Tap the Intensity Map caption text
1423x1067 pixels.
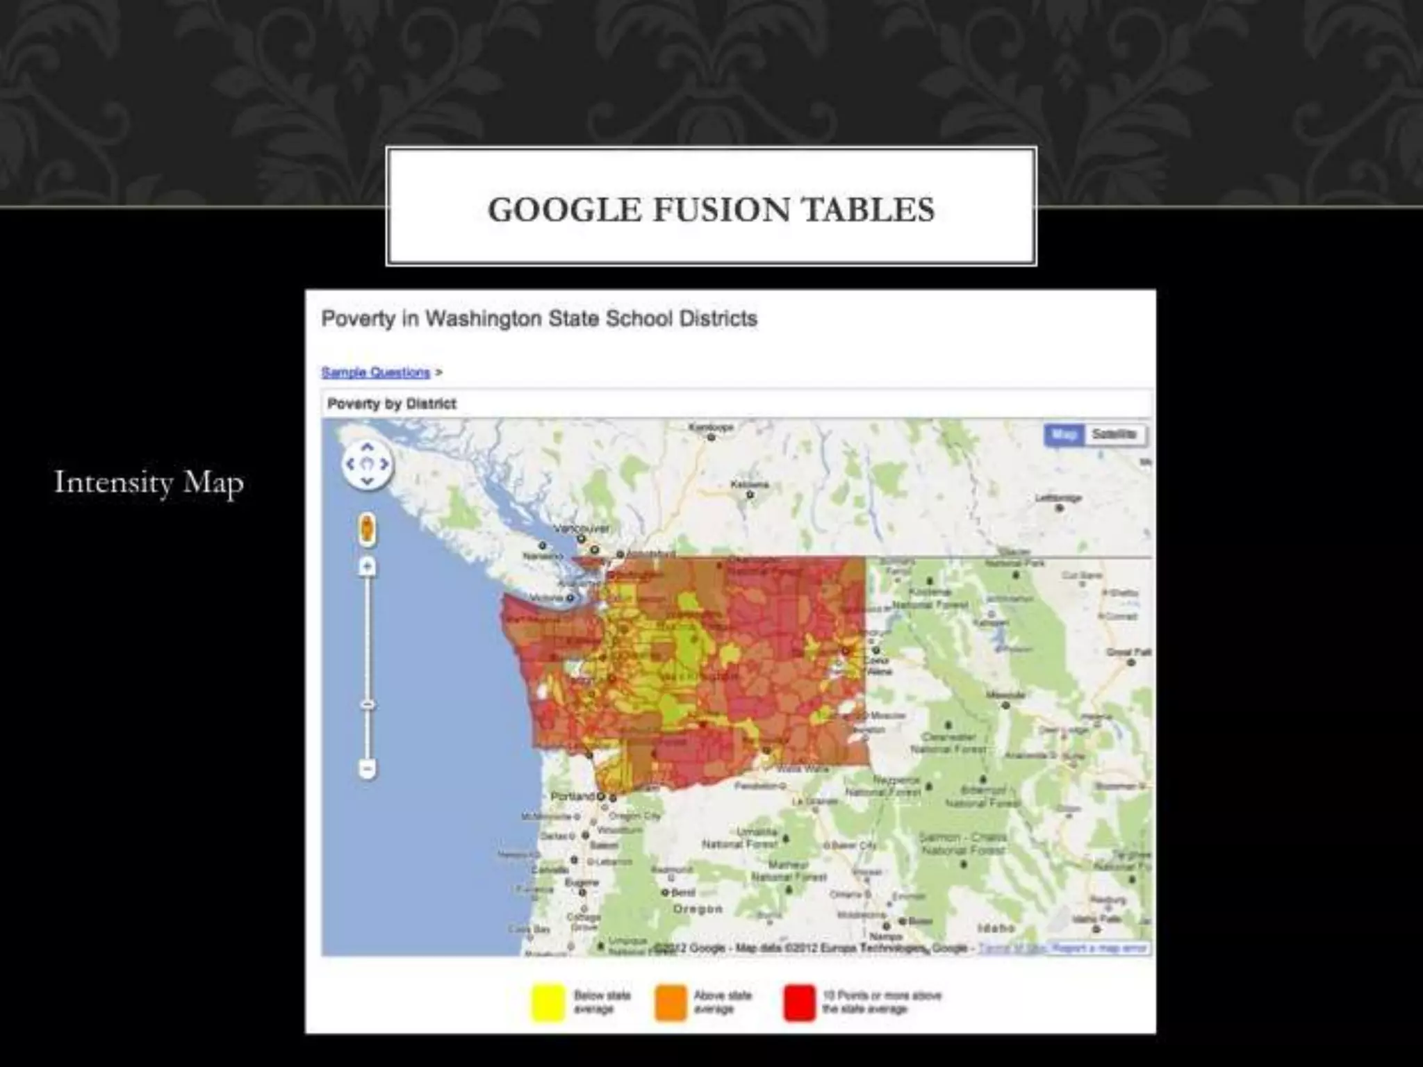point(149,482)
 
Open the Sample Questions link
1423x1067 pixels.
point(376,372)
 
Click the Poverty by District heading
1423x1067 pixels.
point(392,404)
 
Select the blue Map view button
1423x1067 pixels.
point(1064,435)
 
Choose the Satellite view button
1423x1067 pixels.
point(1114,435)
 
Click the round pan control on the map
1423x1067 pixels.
point(368,464)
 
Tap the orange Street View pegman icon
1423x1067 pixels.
point(368,530)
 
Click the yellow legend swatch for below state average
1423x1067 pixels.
point(548,1002)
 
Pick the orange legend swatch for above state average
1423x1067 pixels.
point(670,1002)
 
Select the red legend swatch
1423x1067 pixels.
point(799,1002)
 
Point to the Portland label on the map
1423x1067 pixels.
point(573,796)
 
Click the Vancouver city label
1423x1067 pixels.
point(588,529)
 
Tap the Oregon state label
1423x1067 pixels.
point(698,909)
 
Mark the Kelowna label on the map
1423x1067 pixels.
point(750,484)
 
